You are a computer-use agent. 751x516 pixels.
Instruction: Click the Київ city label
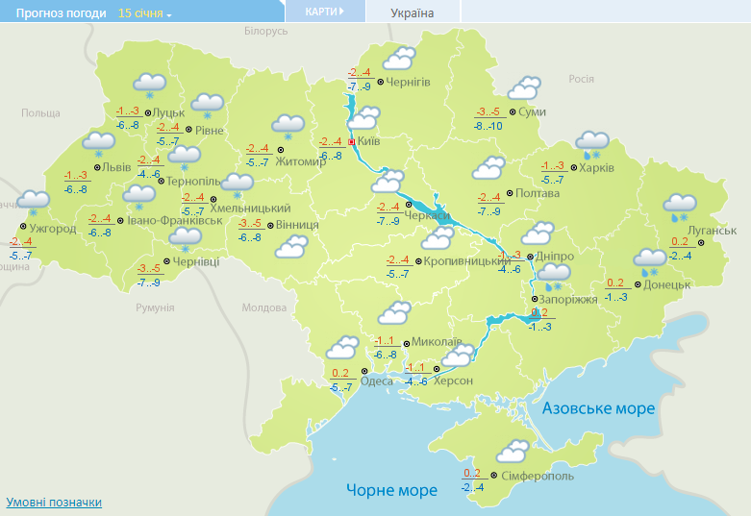(370, 142)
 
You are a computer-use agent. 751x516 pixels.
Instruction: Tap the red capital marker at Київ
(352, 142)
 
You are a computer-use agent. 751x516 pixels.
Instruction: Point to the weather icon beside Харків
(592, 145)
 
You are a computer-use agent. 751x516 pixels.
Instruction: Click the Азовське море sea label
(598, 408)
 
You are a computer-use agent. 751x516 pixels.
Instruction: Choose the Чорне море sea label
(391, 490)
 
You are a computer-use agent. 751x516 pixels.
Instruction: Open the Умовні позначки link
(54, 502)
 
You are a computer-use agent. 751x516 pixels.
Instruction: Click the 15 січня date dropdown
(145, 13)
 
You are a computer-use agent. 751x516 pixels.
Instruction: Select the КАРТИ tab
(324, 12)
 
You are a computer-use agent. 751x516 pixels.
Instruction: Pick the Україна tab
(413, 13)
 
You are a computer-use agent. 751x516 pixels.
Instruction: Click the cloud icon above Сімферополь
(513, 450)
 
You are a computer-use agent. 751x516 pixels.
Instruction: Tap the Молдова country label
(264, 308)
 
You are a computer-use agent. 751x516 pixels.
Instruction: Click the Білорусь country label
(266, 32)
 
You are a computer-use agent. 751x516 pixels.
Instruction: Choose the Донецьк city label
(667, 284)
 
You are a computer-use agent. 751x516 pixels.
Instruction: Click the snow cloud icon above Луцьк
(149, 85)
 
